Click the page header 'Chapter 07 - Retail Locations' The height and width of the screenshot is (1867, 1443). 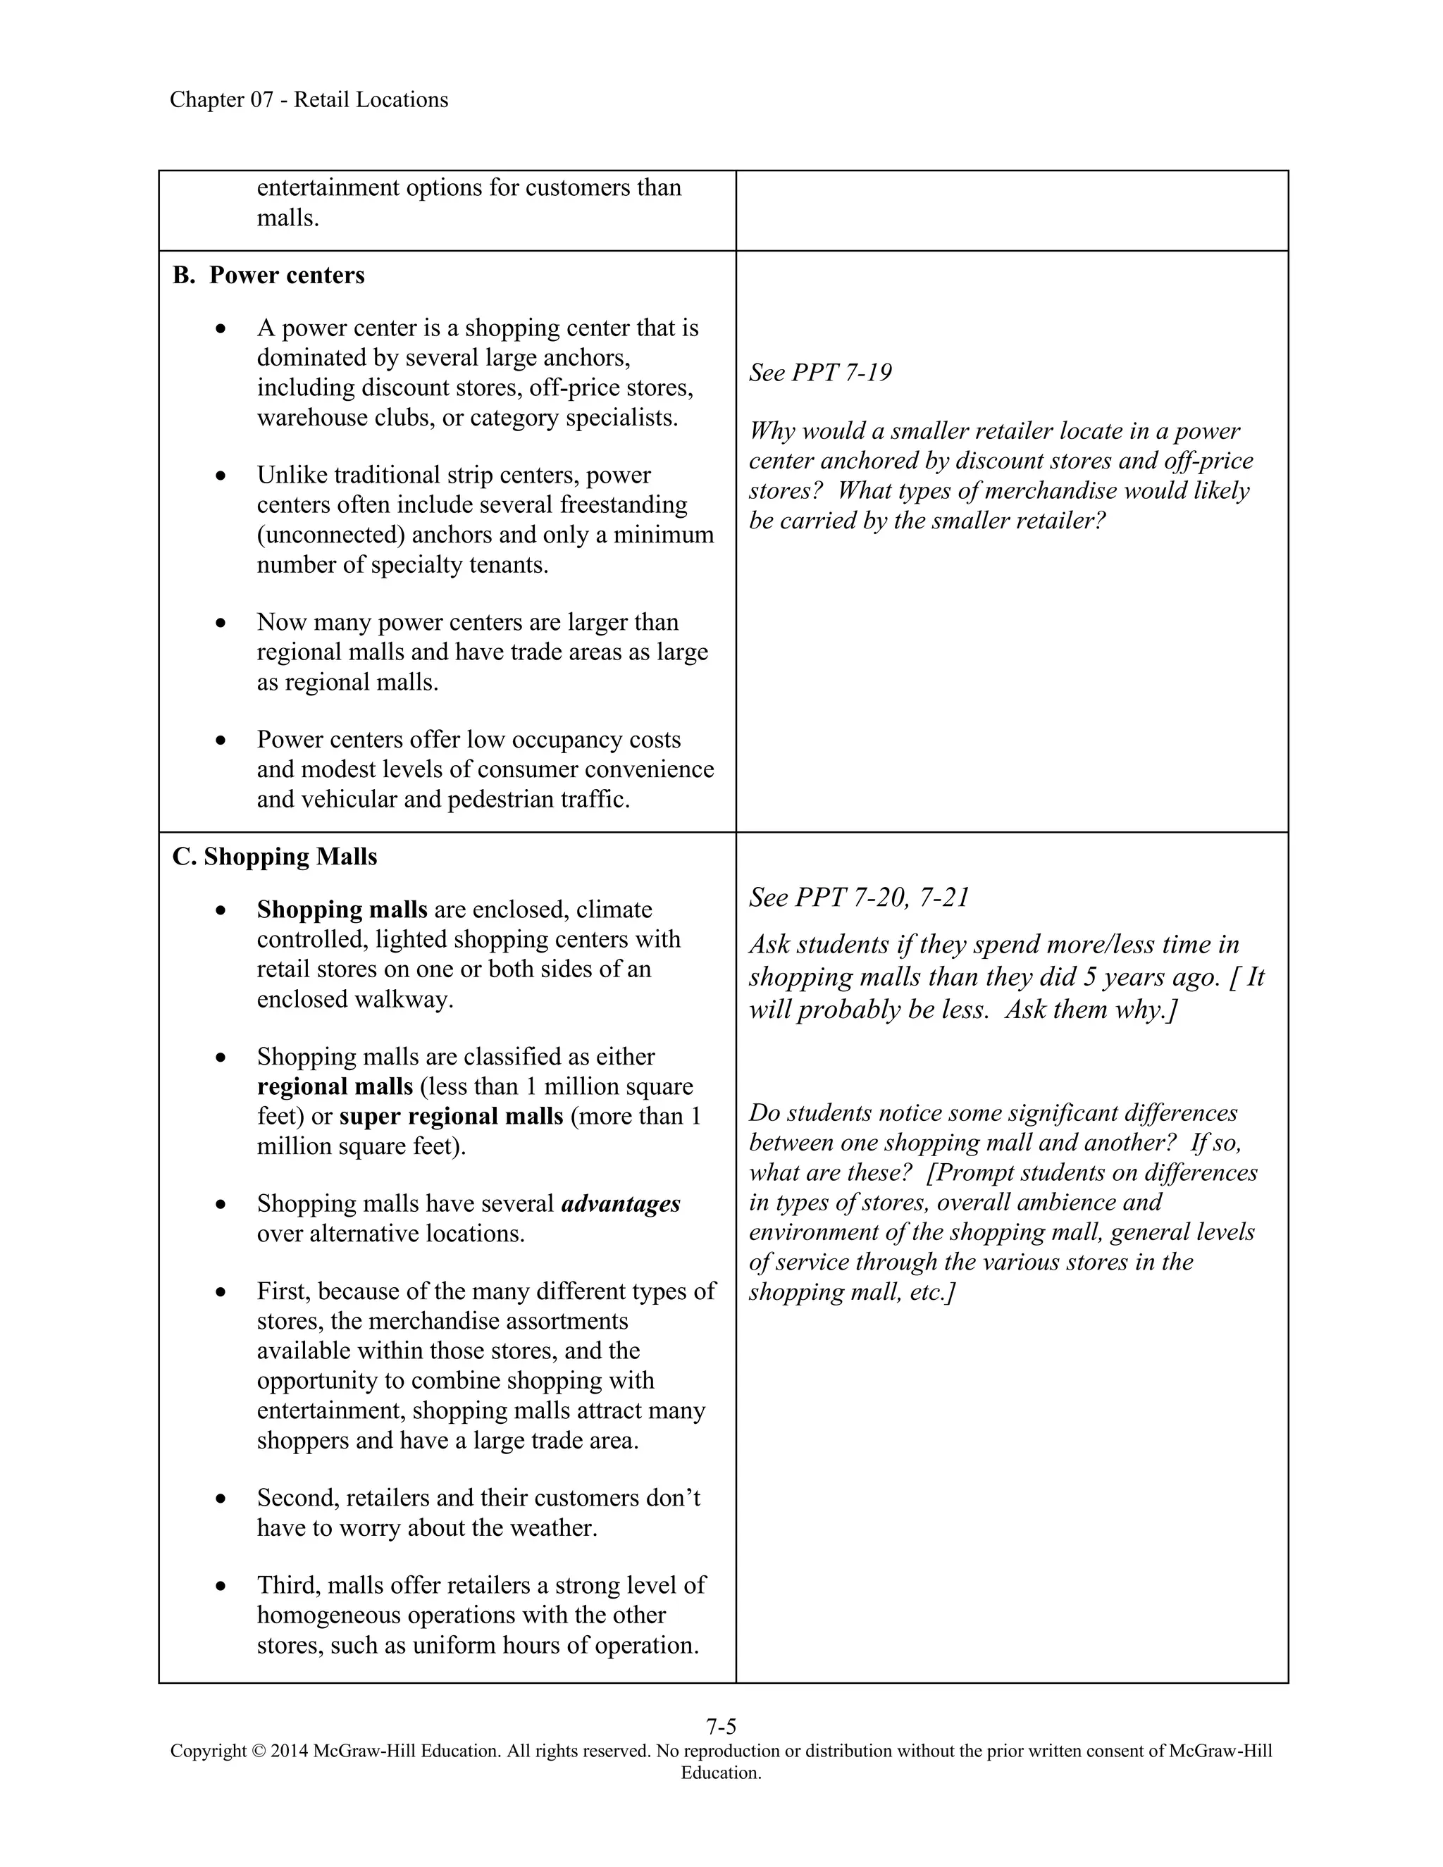point(309,100)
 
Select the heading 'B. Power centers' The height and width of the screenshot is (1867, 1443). point(268,275)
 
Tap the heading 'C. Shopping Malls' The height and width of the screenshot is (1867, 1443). point(274,857)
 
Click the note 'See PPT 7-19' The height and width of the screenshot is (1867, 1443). point(820,373)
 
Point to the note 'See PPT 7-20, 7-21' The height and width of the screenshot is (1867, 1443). point(859,898)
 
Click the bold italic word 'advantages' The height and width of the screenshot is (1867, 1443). point(621,1203)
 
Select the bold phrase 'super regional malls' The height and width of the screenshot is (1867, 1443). point(450,1117)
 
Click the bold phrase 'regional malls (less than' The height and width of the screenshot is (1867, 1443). point(334,1086)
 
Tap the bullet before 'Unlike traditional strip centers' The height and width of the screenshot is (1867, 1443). point(221,476)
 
